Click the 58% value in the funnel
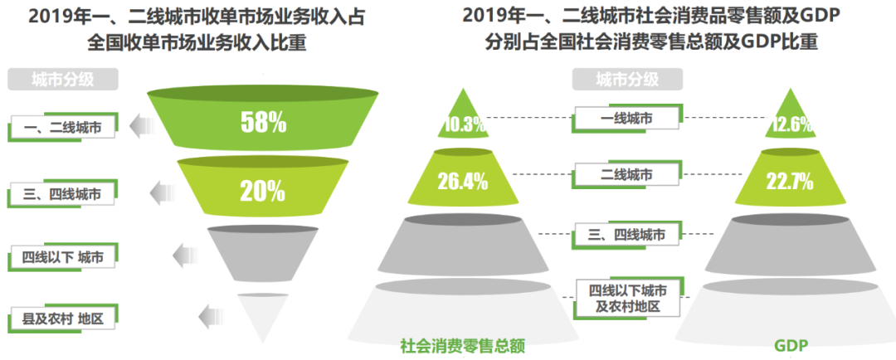click(263, 123)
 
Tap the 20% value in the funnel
click(263, 191)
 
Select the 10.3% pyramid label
click(464, 124)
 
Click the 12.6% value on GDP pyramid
click(791, 124)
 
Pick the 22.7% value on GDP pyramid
click(791, 181)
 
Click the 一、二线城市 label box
click(63, 128)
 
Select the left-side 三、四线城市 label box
click(63, 195)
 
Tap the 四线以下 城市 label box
click(63, 256)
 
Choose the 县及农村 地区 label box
click(63, 318)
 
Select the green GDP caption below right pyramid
click(791, 345)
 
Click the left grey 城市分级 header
click(63, 80)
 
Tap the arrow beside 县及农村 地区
click(212, 316)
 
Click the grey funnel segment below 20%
click(263, 253)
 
